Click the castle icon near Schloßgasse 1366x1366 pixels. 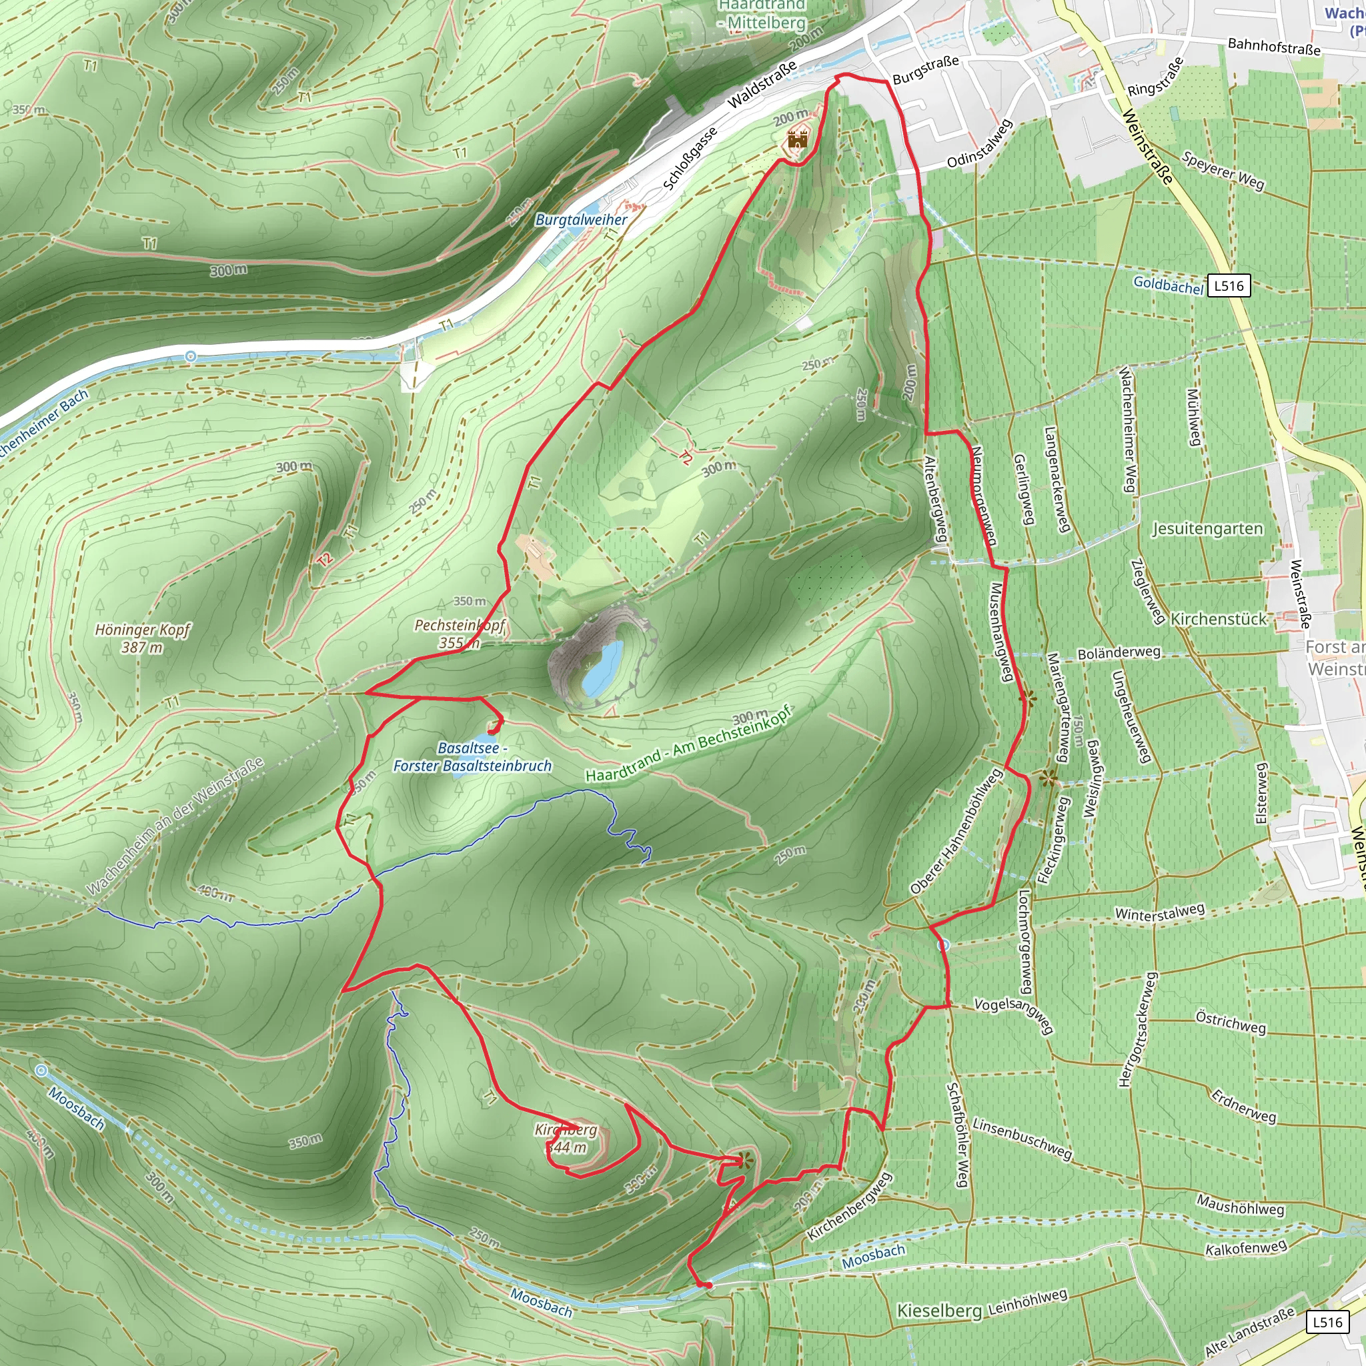(x=798, y=139)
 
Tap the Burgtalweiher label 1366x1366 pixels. (x=581, y=220)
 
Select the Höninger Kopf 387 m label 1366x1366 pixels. (x=143, y=638)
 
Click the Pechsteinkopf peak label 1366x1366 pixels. (x=460, y=634)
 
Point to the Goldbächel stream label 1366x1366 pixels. (x=1168, y=285)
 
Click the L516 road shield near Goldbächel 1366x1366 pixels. (x=1229, y=285)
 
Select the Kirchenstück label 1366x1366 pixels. (x=1219, y=620)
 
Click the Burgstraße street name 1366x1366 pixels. (x=926, y=70)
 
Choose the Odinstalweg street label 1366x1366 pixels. (x=980, y=145)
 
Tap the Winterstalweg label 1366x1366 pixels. (x=1159, y=913)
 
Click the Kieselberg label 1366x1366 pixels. (x=939, y=1311)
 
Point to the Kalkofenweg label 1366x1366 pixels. (x=1246, y=1249)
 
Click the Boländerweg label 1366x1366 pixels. (x=1119, y=652)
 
